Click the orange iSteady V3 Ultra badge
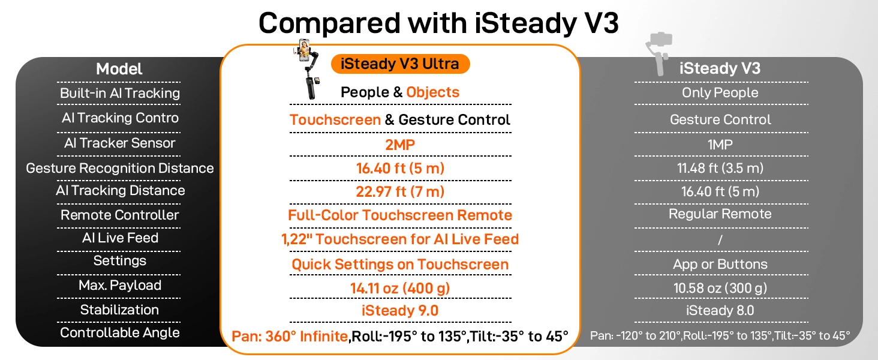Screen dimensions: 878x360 (x=400, y=64)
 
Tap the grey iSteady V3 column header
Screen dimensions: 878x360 (x=720, y=68)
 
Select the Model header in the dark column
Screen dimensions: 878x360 (x=119, y=69)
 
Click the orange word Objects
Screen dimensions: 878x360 (x=433, y=92)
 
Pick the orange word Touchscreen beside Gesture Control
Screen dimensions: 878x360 (x=335, y=119)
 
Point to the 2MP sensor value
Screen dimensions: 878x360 (x=400, y=145)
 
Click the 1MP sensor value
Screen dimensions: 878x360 (x=720, y=145)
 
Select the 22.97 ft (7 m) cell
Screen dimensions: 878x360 (x=400, y=192)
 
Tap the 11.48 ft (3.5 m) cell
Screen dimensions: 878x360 (x=720, y=168)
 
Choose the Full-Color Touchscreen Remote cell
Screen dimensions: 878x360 (x=400, y=215)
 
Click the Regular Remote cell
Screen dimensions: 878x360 (x=720, y=214)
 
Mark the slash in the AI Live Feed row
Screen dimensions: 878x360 (x=720, y=239)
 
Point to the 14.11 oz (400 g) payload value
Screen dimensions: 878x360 (x=400, y=288)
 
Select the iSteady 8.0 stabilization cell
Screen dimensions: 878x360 (x=720, y=310)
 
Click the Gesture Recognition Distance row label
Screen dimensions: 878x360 (x=119, y=168)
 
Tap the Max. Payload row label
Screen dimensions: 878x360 (x=119, y=285)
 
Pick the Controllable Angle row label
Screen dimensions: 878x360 (x=119, y=332)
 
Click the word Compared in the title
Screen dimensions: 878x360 (x=330, y=23)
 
